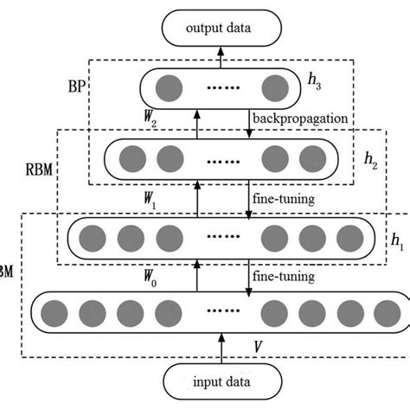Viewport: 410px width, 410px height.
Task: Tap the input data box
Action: (x=222, y=381)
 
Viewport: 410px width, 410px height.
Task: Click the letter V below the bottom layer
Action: (x=257, y=346)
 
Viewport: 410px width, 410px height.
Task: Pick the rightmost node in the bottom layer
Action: (x=381, y=313)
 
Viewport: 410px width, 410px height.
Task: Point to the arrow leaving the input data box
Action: (x=222, y=353)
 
